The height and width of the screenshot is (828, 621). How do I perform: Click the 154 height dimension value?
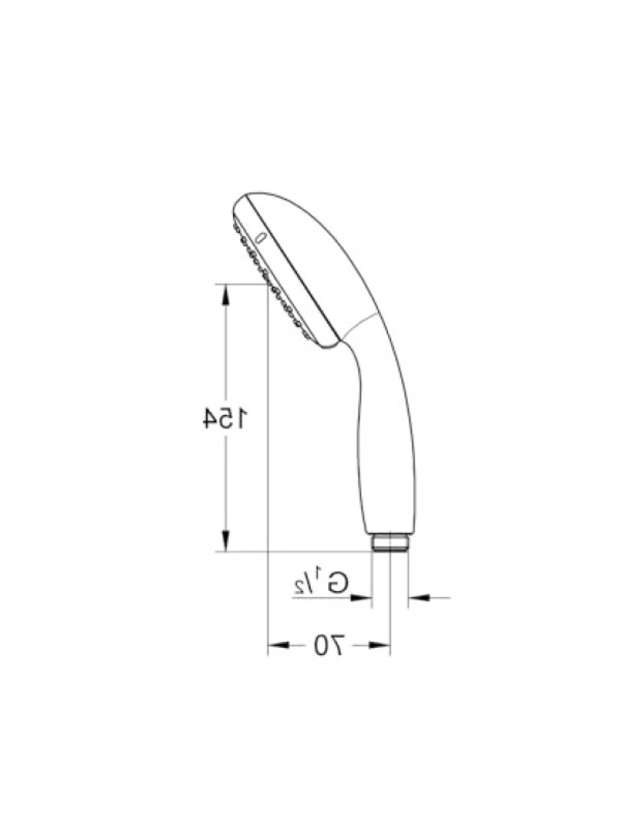point(225,417)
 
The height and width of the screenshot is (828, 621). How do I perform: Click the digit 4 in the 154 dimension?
point(211,417)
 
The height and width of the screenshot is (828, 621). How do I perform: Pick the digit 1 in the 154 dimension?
point(242,417)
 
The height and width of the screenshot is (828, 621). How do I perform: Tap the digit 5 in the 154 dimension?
point(228,417)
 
